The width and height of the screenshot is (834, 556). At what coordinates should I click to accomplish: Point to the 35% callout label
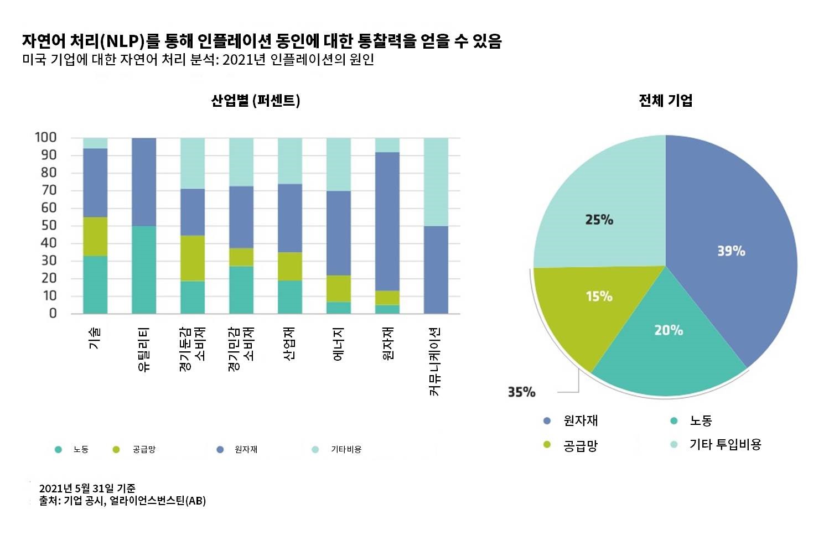coord(521,392)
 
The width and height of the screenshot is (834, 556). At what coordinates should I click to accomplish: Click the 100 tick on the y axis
coord(45,137)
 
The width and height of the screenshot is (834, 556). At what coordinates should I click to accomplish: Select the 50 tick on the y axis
coord(49,225)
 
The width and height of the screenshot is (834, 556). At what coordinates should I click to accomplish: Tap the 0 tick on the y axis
coord(53,313)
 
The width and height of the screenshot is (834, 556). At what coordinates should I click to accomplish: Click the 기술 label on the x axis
coord(95,338)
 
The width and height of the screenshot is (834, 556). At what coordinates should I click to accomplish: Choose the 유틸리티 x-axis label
coord(143,349)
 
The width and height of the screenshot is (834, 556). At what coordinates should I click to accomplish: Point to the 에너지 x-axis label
coord(338,344)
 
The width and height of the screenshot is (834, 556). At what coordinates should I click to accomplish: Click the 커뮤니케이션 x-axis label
coord(436,361)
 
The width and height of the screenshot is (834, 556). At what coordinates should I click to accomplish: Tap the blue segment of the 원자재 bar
coord(387,221)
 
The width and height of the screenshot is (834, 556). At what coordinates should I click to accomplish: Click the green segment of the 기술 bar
coord(95,236)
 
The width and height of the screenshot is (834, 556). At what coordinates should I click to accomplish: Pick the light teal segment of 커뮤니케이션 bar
coord(436,182)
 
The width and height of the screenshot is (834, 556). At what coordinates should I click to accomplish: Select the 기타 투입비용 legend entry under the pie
coord(725,444)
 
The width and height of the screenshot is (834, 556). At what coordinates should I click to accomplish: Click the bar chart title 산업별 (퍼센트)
coord(256,101)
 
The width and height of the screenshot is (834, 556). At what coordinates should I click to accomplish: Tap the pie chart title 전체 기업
coord(665,101)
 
